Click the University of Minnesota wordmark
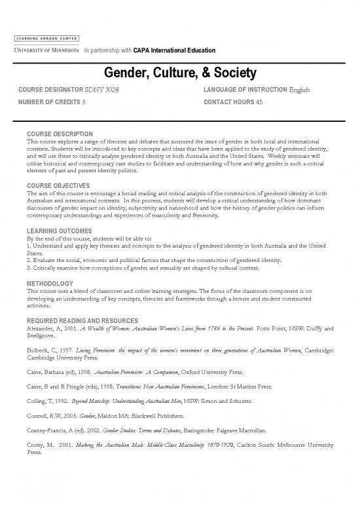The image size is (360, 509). [44, 49]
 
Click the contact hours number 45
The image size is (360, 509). [260, 102]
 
